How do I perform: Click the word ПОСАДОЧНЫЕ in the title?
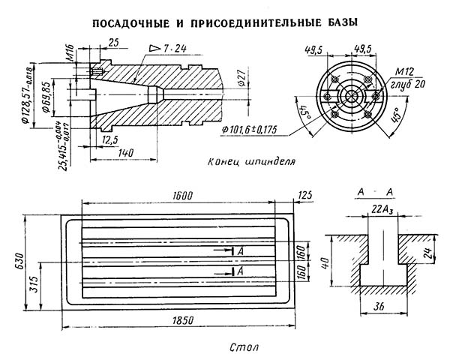click(x=132, y=23)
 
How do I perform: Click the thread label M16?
click(x=69, y=54)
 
